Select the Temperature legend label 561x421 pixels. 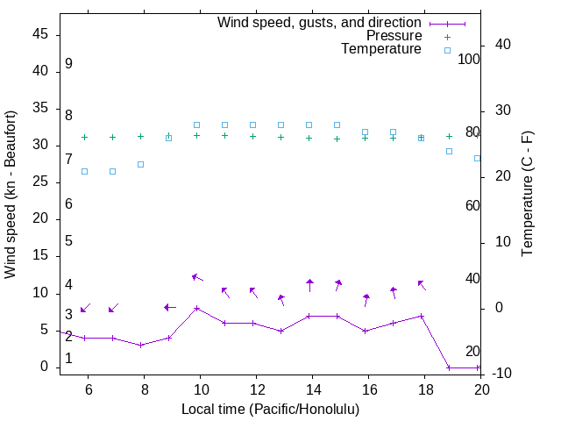[381, 50]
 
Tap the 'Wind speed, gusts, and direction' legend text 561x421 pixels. [320, 23]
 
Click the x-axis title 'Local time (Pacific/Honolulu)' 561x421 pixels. [270, 409]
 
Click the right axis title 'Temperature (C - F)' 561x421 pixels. [528, 195]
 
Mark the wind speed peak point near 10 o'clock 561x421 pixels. [197, 308]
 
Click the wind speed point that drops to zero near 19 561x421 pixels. [450, 367]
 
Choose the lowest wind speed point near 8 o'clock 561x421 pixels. [141, 345]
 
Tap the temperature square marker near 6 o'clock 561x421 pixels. [85, 171]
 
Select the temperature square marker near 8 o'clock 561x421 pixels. [141, 164]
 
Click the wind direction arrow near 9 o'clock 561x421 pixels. [170, 307]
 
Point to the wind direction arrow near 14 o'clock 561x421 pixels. [309, 285]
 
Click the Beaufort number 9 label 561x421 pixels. [68, 64]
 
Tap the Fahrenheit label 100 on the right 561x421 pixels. [469, 60]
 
